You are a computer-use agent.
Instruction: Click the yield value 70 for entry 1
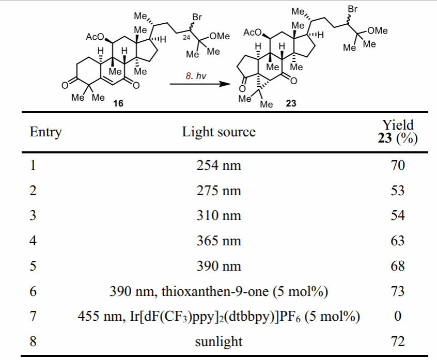click(x=397, y=166)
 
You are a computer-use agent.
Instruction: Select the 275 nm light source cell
click(x=218, y=191)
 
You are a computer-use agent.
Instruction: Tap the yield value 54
click(x=397, y=215)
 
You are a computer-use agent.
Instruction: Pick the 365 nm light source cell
click(x=218, y=241)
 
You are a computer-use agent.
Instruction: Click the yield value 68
click(x=397, y=266)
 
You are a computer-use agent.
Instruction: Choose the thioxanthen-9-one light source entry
click(x=218, y=291)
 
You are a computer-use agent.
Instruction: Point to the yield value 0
click(x=397, y=316)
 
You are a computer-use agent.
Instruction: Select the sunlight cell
click(x=218, y=341)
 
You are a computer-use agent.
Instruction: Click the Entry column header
click(x=45, y=132)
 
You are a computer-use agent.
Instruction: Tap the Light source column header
click(x=218, y=132)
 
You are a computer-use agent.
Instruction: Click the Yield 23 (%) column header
click(x=397, y=132)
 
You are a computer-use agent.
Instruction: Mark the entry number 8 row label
click(x=33, y=341)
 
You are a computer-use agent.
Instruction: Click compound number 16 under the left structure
click(x=119, y=103)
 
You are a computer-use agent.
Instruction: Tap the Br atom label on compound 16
click(x=196, y=17)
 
